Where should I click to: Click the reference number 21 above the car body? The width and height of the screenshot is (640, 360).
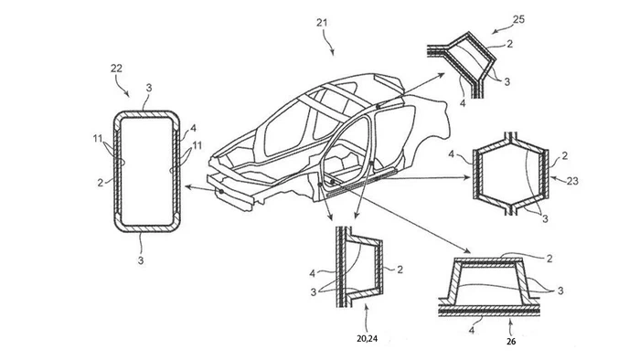[322, 23]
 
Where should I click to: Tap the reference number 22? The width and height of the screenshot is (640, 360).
[116, 69]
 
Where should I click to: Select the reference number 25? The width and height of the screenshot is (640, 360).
[518, 19]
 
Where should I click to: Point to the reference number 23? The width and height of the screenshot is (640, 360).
[572, 181]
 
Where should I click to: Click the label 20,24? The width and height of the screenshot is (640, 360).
[367, 338]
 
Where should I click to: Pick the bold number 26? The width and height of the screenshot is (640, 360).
[511, 341]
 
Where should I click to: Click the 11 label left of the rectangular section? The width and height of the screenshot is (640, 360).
[98, 139]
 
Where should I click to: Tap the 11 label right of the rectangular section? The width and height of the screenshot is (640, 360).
[197, 145]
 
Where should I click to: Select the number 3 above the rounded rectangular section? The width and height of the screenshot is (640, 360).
[149, 88]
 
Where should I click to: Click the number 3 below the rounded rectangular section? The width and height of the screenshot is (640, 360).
[141, 260]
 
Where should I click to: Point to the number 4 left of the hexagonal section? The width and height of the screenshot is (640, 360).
[452, 154]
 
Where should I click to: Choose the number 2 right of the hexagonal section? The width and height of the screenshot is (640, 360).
[564, 155]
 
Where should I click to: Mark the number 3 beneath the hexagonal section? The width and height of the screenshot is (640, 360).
[545, 219]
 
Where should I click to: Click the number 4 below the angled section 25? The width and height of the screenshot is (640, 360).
[463, 103]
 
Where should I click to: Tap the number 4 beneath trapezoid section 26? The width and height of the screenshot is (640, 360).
[472, 330]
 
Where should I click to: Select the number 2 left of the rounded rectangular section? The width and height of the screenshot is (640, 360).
[101, 183]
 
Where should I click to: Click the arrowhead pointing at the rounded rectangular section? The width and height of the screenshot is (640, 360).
[188, 186]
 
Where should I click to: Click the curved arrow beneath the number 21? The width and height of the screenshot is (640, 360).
[328, 43]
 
